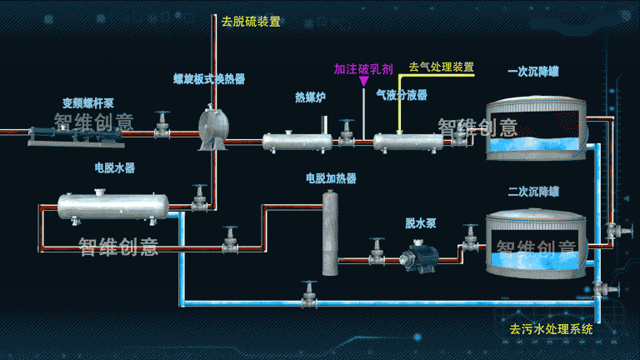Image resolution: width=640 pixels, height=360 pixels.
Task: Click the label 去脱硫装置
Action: point(251,22)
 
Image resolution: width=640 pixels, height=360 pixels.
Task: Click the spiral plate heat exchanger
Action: point(214,128)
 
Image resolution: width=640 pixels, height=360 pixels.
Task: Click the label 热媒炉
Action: point(310,97)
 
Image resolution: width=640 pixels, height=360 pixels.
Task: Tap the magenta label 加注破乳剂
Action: point(363,69)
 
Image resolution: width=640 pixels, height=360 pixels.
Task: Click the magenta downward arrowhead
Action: point(363,82)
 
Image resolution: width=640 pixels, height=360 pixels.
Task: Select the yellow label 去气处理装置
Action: point(441,66)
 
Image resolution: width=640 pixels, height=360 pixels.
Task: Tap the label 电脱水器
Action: point(114,167)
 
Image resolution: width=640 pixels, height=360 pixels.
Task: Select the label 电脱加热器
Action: point(331,178)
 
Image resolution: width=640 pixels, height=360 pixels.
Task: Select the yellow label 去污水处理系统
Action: point(551,329)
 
